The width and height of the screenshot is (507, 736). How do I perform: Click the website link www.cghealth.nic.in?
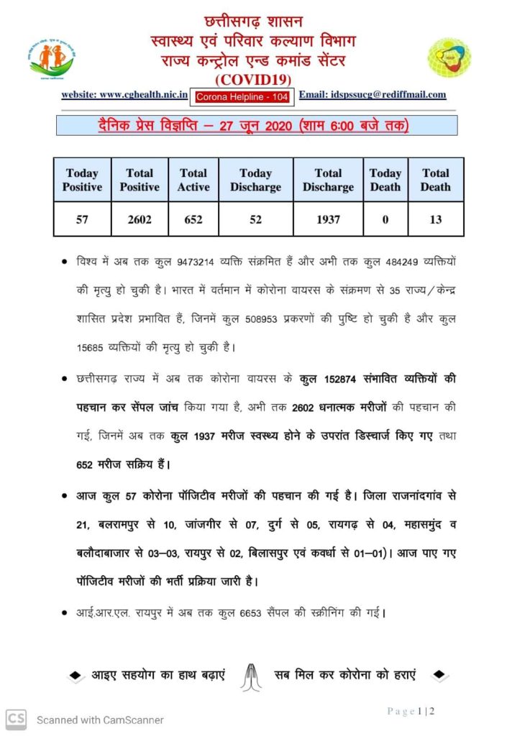click(125, 94)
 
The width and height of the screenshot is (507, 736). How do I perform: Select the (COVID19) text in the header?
click(254, 78)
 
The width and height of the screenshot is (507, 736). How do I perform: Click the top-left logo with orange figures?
click(52, 58)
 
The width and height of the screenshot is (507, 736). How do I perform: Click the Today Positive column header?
click(82, 180)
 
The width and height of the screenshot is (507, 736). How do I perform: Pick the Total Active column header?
click(193, 180)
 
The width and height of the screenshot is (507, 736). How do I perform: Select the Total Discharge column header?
click(328, 180)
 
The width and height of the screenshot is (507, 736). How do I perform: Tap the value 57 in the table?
click(82, 219)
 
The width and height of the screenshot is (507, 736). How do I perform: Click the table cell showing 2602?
click(140, 219)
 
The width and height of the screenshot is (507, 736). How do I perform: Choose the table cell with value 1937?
click(328, 219)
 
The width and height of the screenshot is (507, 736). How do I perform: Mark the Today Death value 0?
click(385, 219)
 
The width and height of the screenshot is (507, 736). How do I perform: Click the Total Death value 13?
click(436, 219)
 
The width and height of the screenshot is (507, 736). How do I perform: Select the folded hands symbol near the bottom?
click(250, 676)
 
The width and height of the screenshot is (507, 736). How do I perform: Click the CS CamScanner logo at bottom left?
click(17, 718)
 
